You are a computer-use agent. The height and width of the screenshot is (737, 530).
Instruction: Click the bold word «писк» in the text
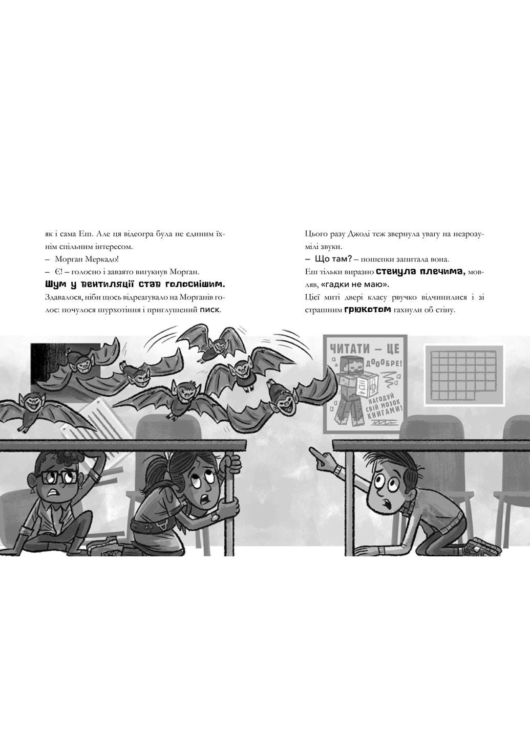tap(209, 310)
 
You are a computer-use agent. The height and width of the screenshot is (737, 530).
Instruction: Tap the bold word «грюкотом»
tap(368, 310)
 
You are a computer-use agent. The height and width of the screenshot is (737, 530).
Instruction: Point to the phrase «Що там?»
tap(334, 259)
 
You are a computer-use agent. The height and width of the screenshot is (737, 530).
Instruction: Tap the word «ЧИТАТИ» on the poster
tap(349, 349)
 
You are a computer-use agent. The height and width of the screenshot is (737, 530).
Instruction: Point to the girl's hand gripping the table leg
tap(232, 465)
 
